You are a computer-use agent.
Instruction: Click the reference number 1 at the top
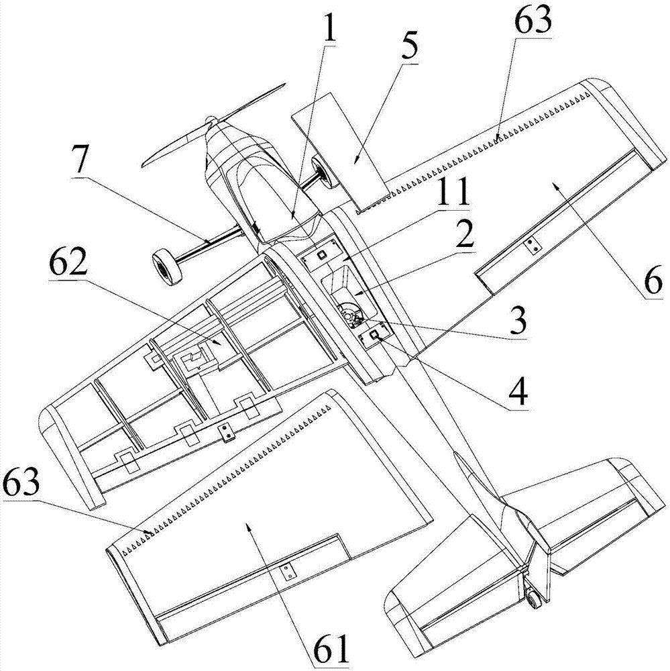328,31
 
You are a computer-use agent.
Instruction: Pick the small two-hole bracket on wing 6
533,246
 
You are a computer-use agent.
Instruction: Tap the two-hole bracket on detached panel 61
286,572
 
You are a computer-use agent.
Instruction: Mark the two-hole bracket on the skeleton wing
228,434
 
